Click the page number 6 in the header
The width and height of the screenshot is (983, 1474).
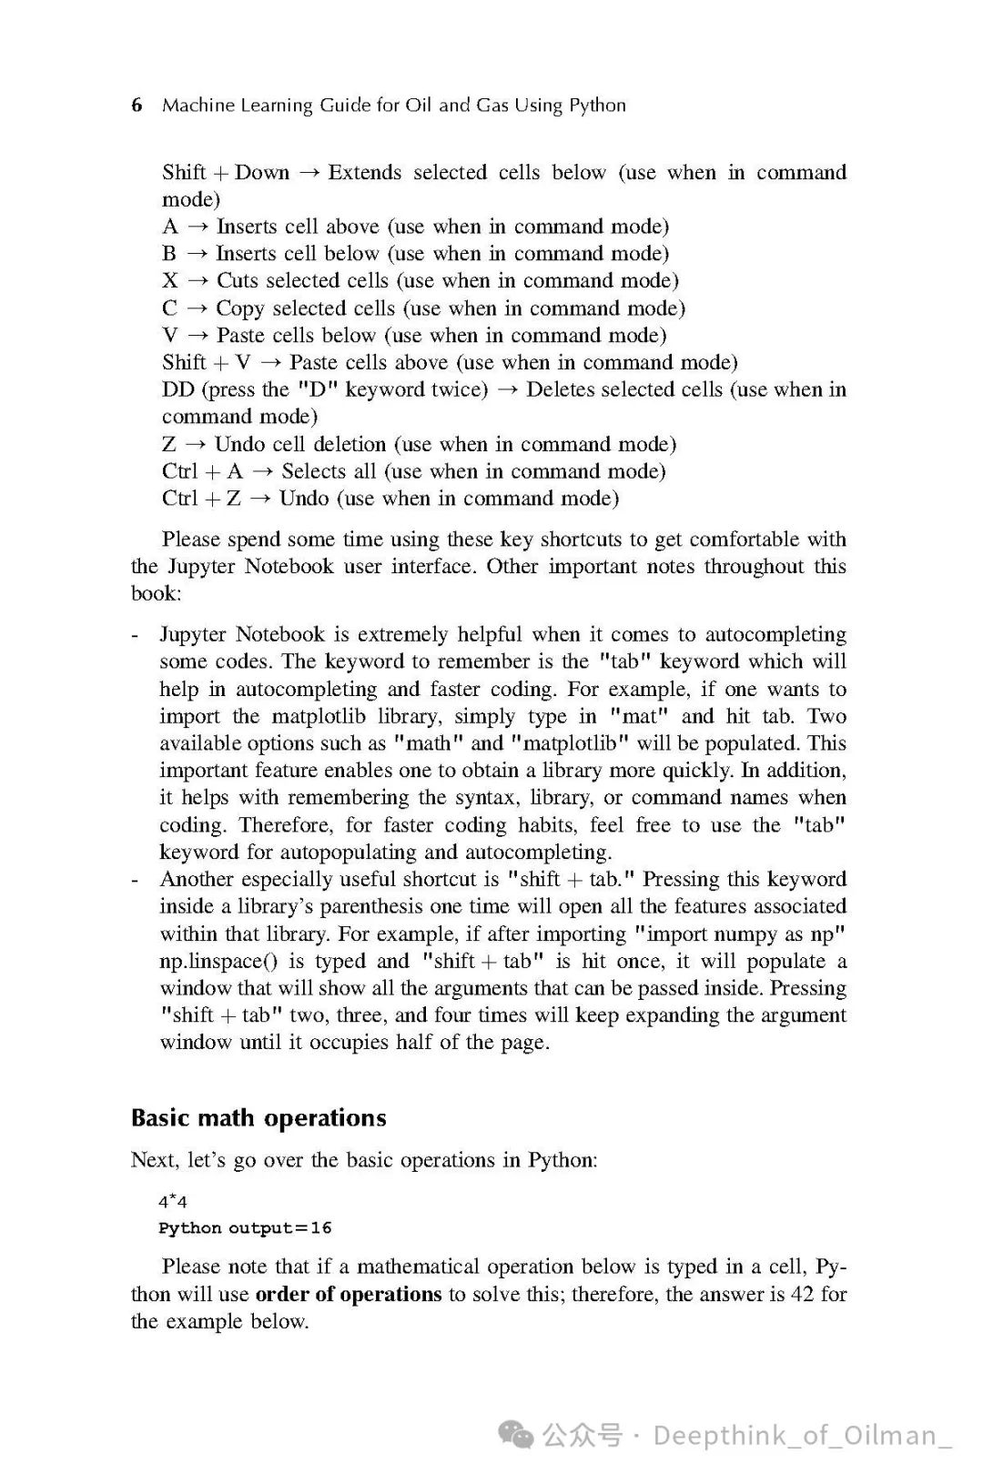point(137,106)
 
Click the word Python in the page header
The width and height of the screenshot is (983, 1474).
point(597,106)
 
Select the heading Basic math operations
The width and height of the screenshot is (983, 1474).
point(258,1117)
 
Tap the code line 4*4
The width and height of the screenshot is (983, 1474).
point(173,1201)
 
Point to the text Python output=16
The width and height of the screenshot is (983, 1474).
point(245,1228)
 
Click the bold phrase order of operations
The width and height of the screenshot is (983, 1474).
point(348,1294)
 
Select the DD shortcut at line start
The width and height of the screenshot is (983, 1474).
point(178,389)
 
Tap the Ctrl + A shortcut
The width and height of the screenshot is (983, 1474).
point(203,471)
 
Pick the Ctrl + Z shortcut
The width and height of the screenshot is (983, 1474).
point(202,499)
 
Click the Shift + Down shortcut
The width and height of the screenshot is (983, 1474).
point(226,173)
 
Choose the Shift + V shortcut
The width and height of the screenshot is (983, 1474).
point(207,362)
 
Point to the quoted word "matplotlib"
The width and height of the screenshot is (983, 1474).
point(570,743)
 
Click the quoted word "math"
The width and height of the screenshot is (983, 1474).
point(427,743)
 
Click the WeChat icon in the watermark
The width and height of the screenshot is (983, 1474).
point(520,1436)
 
